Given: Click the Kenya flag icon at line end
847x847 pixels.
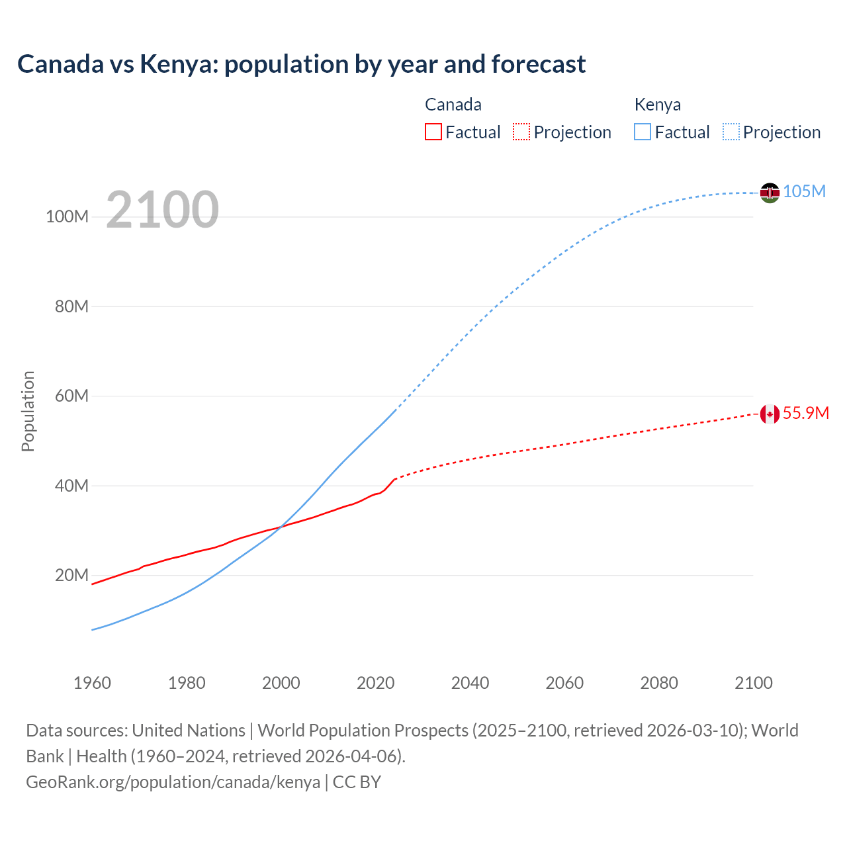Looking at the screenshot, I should [x=770, y=193].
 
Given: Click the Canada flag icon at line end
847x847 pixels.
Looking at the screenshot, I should [x=770, y=414].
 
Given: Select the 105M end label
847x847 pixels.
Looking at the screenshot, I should [x=804, y=191].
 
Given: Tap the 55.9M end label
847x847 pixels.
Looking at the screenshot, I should [x=805, y=413].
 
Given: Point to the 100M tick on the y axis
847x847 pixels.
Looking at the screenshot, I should [x=67, y=217].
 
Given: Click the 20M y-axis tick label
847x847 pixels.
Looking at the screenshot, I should [x=71, y=575].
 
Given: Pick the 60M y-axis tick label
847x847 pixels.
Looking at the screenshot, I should [x=71, y=396].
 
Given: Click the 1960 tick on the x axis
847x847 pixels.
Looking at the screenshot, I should [x=92, y=683].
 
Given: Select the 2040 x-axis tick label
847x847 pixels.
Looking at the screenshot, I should [x=470, y=683].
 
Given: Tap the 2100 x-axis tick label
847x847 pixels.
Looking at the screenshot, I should [x=753, y=683].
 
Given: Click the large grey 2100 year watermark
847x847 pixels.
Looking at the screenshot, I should [x=162, y=210].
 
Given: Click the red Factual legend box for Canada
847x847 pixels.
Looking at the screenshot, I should [x=433, y=132].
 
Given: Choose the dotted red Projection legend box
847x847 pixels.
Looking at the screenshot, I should [x=521, y=132].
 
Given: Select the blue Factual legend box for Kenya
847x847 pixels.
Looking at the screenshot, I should [x=643, y=132].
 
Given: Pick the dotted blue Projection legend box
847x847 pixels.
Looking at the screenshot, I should [x=731, y=132].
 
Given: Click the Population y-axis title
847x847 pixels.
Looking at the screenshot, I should [x=28, y=411].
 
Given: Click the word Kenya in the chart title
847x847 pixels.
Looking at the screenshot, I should [x=174, y=64].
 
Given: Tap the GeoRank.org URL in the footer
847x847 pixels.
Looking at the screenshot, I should [x=173, y=781].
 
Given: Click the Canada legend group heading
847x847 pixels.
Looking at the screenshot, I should [x=453, y=105].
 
